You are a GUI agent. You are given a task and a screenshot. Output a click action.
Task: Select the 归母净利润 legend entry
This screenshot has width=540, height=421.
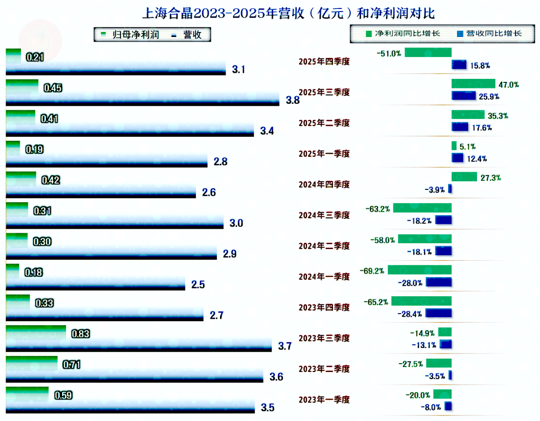(x=130, y=34)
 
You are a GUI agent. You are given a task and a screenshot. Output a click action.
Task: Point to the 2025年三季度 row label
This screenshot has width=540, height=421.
(x=324, y=92)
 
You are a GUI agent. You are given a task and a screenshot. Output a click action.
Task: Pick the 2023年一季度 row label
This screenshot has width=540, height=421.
(x=324, y=400)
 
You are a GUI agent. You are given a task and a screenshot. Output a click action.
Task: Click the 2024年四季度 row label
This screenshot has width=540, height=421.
(x=324, y=185)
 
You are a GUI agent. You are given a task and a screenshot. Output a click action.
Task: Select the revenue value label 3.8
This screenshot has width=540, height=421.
(x=292, y=100)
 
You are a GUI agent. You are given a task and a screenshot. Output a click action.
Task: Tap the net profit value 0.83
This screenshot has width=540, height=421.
(x=80, y=334)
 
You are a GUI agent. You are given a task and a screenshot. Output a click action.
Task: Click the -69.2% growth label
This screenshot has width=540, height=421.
(x=371, y=271)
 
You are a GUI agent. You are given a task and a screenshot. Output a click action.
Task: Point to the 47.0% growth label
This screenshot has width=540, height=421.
(x=508, y=85)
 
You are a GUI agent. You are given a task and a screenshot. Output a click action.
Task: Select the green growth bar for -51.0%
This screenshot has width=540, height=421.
(x=428, y=52)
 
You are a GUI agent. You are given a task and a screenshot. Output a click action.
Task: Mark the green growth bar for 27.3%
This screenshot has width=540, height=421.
(x=464, y=176)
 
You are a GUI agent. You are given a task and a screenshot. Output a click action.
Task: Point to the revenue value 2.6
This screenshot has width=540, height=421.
(x=209, y=193)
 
